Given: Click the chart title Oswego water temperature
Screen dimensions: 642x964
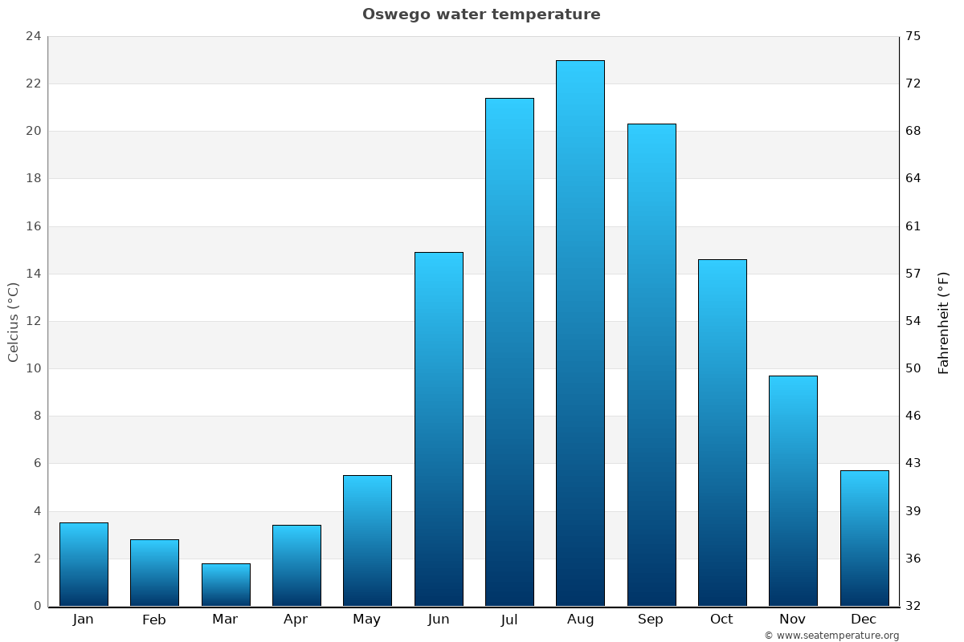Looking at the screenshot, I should click(x=481, y=14).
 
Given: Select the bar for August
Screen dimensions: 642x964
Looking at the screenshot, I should click(x=580, y=333).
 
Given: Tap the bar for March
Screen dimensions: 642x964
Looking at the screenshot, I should click(x=226, y=584).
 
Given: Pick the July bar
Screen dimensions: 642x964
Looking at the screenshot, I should click(x=509, y=351).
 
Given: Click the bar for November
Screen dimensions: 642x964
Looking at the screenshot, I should click(x=793, y=490).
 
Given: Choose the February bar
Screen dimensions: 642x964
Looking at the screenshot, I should click(x=154, y=572).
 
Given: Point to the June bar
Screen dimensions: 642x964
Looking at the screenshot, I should click(x=439, y=429).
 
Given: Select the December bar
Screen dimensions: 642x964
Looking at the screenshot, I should click(x=864, y=538).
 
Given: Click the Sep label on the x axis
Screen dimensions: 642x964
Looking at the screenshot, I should click(x=651, y=620).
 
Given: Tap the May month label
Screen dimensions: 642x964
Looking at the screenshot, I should click(x=367, y=620).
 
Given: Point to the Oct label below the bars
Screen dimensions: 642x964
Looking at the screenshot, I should click(x=721, y=620).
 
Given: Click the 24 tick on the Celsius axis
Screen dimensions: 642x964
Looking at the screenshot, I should click(x=33, y=36).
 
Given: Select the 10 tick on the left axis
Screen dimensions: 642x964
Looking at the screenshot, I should click(x=33, y=368).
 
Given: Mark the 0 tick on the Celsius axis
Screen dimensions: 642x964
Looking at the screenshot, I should click(x=37, y=606).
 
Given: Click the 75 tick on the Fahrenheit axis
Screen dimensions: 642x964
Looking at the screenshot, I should click(x=913, y=36).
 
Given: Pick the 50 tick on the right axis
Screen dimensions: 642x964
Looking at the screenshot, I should click(x=913, y=368).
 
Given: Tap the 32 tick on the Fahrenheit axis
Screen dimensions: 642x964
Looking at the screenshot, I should click(x=913, y=606).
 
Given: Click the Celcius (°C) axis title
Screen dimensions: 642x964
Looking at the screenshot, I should click(x=13, y=322).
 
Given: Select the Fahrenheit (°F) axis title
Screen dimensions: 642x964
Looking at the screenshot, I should click(x=944, y=322).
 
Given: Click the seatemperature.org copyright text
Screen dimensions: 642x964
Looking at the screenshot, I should click(x=831, y=636).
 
